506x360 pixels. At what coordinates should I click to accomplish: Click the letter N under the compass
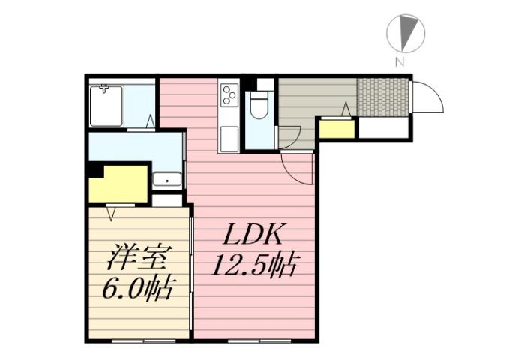(x=400, y=61)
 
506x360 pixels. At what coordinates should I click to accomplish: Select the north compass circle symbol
(x=406, y=34)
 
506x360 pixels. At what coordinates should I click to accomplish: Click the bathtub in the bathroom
(x=106, y=106)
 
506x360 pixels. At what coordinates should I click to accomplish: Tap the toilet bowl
(x=258, y=104)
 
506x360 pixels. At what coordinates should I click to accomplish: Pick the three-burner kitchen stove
(x=229, y=94)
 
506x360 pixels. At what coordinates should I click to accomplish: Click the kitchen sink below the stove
(x=229, y=137)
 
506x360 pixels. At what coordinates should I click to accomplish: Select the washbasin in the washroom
(x=166, y=180)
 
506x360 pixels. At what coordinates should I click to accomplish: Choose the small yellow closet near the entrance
(x=335, y=129)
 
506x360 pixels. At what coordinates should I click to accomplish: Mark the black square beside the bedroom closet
(x=94, y=170)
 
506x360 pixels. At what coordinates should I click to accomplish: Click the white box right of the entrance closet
(x=382, y=128)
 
